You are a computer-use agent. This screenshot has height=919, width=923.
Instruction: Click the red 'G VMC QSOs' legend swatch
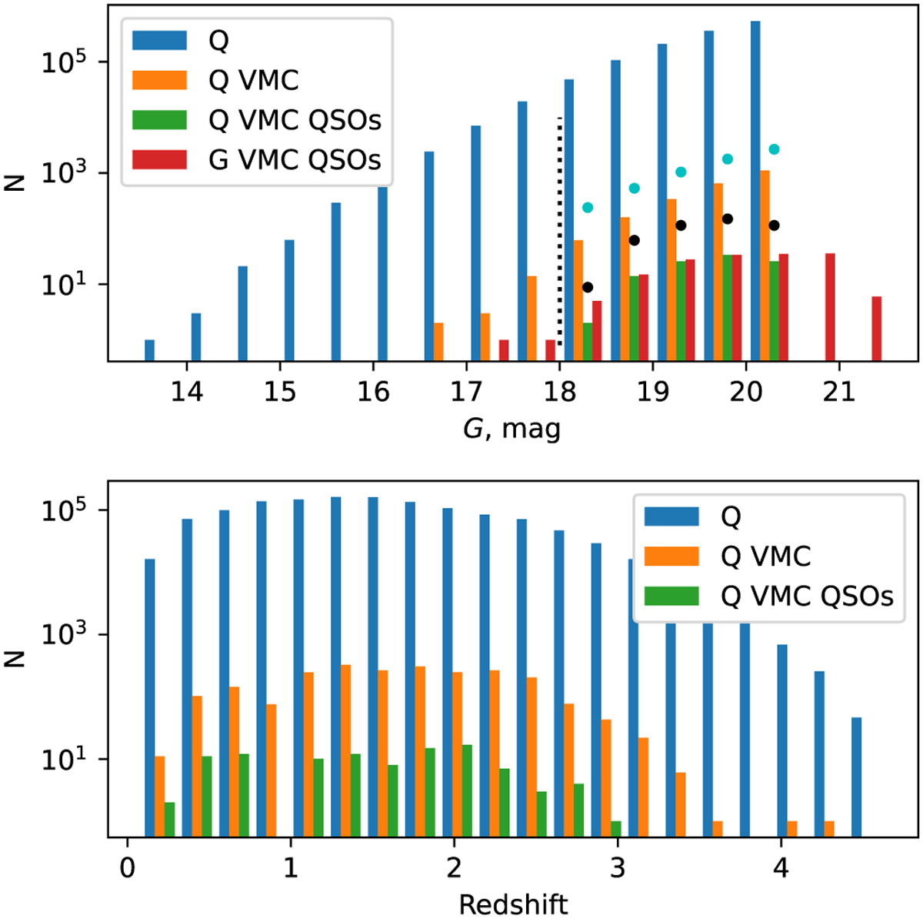tap(159, 159)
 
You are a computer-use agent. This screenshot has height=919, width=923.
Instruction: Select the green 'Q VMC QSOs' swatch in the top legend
tap(159, 120)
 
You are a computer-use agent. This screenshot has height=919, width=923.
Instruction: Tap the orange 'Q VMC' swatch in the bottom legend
tap(671, 556)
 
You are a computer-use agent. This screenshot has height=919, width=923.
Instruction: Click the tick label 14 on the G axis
tap(186, 392)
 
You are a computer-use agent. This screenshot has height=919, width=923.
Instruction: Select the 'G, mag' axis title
tap(511, 428)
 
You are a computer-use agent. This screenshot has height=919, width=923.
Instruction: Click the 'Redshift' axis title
tap(513, 904)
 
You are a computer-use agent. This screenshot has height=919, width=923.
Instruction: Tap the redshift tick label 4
tap(781, 867)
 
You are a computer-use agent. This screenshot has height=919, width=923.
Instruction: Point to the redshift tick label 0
tap(127, 867)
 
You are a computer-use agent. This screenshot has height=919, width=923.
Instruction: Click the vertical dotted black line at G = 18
tap(559, 231)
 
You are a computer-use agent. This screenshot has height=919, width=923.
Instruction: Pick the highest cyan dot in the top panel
tap(774, 149)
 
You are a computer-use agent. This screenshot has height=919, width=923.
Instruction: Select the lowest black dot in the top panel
tap(588, 287)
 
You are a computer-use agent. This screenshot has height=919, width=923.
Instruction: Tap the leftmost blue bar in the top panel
tap(149, 350)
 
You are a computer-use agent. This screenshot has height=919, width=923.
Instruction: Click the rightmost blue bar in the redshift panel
tap(856, 777)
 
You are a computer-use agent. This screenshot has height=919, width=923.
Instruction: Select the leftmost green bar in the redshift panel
tap(169, 820)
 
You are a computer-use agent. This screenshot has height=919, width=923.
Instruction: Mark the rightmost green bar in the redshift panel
tap(616, 829)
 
